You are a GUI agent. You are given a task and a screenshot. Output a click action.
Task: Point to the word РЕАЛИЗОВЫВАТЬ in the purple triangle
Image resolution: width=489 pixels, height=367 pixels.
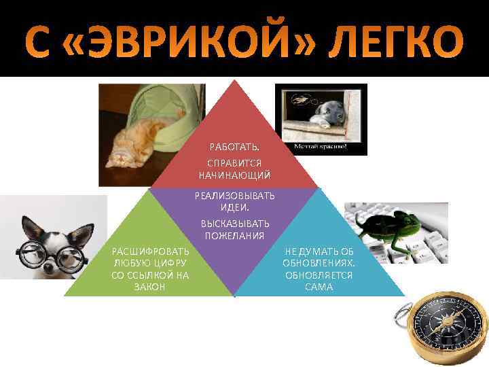[234, 196]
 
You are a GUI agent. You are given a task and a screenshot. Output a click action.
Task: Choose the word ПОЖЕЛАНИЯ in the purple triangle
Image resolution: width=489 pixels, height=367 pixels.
[234, 234]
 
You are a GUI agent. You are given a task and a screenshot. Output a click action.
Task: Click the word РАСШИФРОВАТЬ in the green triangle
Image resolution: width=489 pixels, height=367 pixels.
[151, 251]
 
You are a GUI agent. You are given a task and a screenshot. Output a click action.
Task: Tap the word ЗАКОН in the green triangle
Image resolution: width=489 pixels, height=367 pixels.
[151, 286]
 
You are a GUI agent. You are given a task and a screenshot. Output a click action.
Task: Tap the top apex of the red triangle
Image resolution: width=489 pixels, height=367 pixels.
[234, 81]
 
